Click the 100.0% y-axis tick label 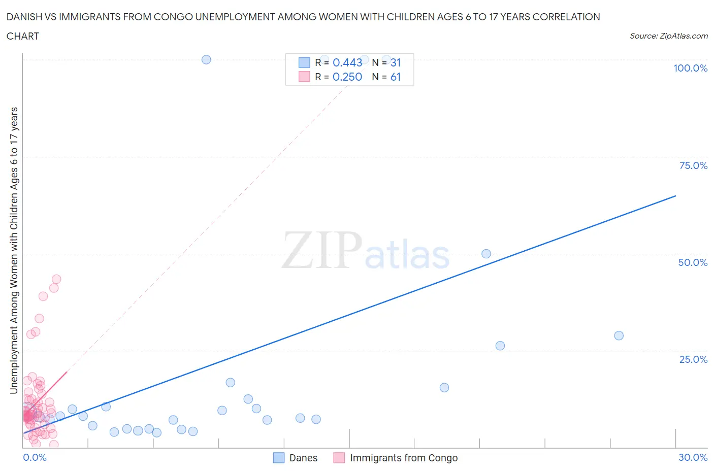[690, 68]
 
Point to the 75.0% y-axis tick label [693, 165]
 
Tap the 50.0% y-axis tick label [692, 262]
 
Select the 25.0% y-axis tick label [693, 359]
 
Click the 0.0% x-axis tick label [35, 457]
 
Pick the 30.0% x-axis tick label [693, 457]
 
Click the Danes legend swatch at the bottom [279, 458]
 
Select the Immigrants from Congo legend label [404, 458]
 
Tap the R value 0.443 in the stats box [347, 62]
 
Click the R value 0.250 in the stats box [347, 77]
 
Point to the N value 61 [396, 77]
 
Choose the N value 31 [396, 62]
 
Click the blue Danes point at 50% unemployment [486, 254]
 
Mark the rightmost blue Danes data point [619, 335]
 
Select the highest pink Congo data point [56, 279]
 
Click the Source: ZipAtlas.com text [668, 36]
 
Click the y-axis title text [14, 251]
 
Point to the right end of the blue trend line [675, 196]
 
